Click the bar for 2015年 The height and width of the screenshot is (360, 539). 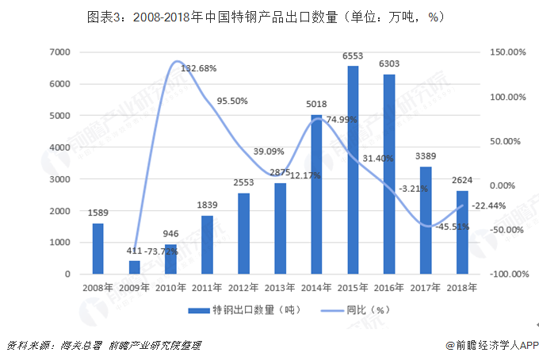[352, 170]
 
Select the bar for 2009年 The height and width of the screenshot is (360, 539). [134, 267]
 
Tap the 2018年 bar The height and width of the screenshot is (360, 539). [461, 232]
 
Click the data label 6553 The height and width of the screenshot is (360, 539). [352, 56]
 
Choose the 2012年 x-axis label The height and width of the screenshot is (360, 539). [243, 288]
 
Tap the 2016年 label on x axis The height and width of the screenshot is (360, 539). [388, 288]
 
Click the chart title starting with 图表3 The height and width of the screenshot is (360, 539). [269, 17]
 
